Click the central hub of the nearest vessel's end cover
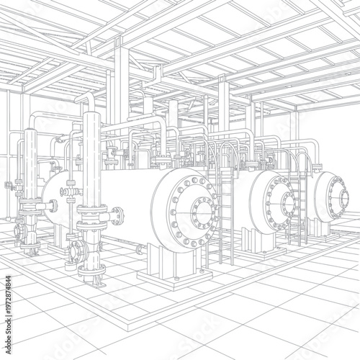pos(202,212)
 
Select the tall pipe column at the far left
pos(31,180)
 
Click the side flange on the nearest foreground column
pos(116,215)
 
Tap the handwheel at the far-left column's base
pos(21,231)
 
